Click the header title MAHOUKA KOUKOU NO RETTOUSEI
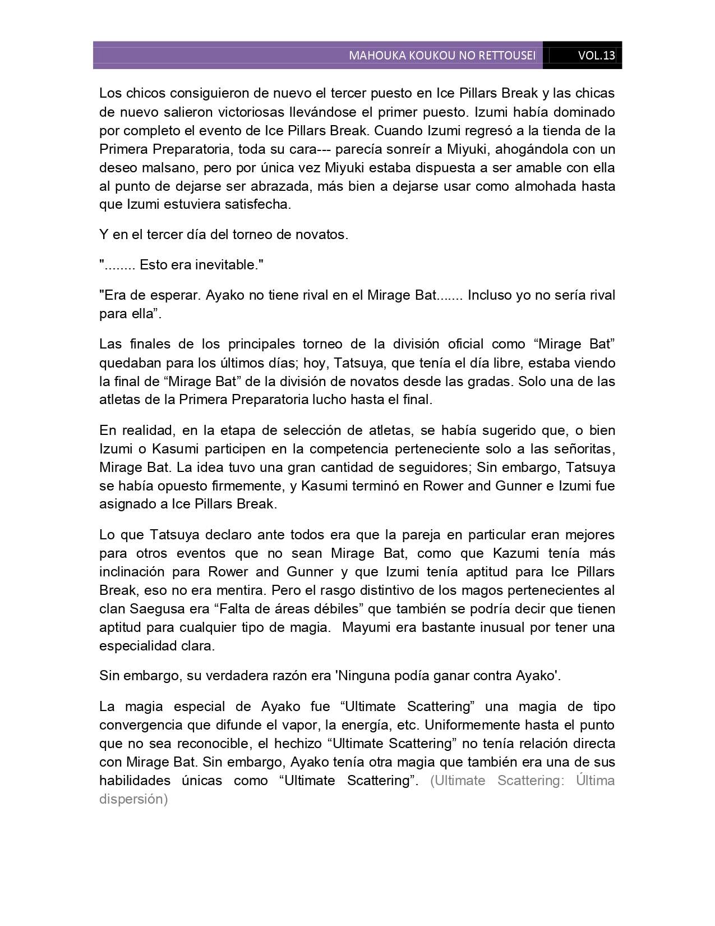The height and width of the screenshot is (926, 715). point(442,56)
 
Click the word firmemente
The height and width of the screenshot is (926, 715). point(239,485)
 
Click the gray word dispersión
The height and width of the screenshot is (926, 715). point(133,799)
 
